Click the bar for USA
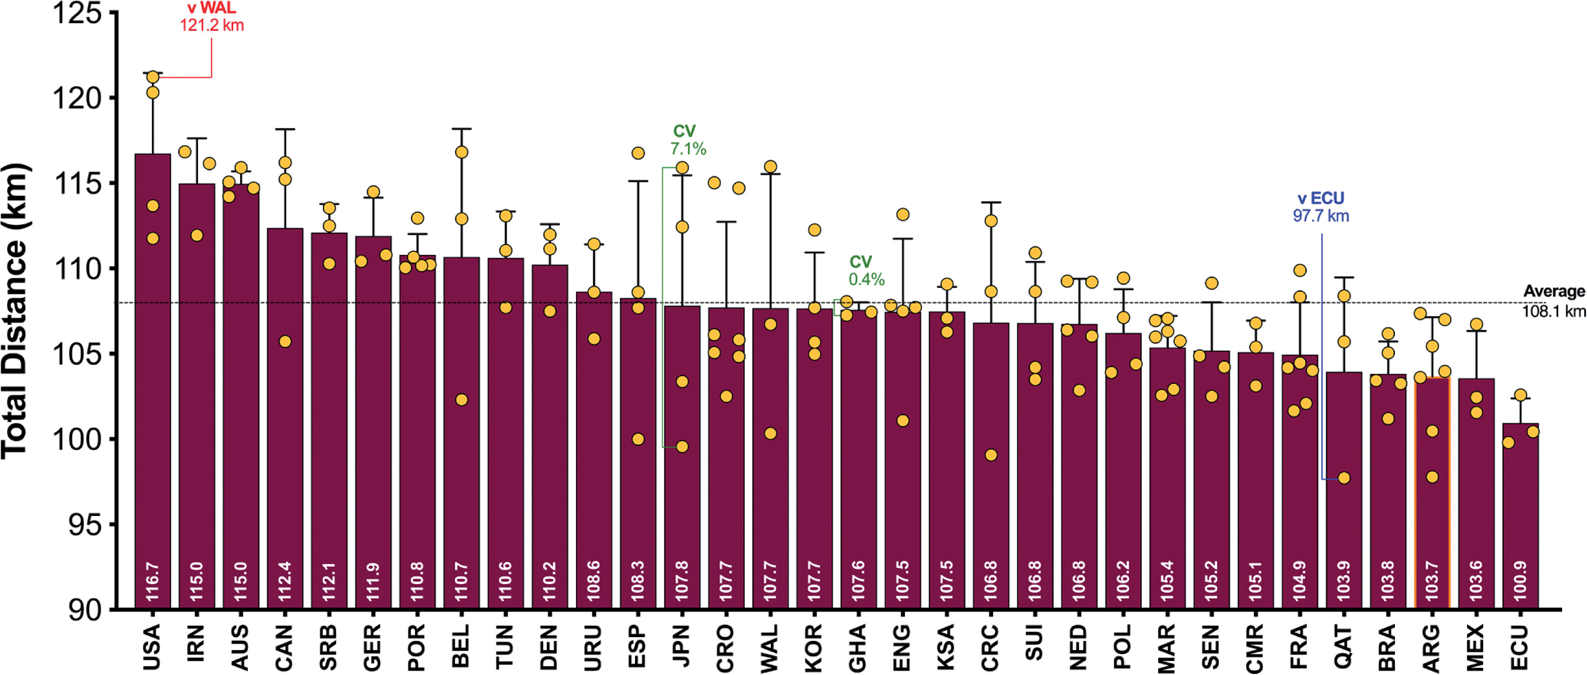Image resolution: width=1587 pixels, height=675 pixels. click(153, 382)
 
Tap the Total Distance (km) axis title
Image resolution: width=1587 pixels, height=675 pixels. click(15, 311)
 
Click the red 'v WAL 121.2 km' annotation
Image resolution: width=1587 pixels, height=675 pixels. click(211, 17)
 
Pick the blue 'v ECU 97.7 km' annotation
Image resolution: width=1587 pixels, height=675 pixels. click(1321, 207)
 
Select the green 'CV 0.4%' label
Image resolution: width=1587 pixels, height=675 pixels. click(866, 271)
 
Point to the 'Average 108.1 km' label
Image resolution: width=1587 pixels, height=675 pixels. click(1553, 301)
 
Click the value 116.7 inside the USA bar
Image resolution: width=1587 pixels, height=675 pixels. click(152, 581)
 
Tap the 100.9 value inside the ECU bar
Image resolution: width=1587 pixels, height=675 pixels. click(1520, 581)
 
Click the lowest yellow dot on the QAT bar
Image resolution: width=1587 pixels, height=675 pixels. click(1344, 478)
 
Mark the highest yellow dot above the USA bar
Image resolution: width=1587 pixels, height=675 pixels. click(153, 77)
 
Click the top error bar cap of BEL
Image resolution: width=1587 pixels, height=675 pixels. click(461, 129)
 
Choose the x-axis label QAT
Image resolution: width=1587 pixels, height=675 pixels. click(1344, 647)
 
